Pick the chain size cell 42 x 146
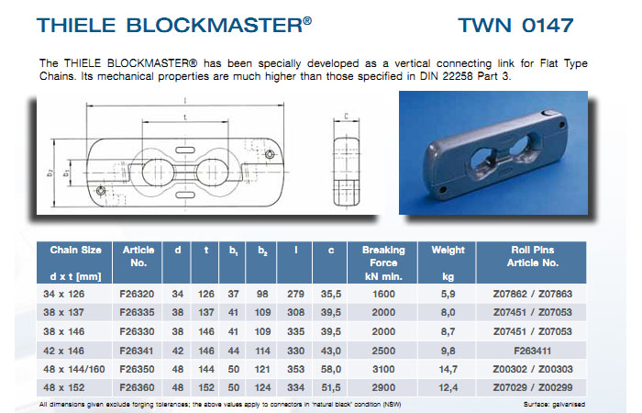pos(71,349)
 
